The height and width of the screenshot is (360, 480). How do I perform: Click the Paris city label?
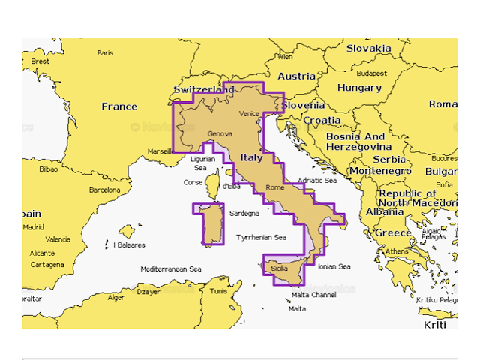tap(105, 53)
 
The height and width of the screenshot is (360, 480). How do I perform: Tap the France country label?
tap(119, 106)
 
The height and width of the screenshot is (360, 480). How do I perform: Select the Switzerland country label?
tap(204, 89)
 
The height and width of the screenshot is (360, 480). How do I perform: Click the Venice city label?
tap(248, 113)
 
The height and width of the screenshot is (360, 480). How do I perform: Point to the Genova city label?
tap(219, 134)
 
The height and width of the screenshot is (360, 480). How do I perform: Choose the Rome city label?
tap(275, 187)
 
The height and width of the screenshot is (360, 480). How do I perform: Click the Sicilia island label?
tap(279, 268)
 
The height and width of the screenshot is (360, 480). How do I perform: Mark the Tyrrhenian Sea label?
tap(261, 238)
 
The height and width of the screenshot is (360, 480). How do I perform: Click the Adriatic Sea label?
tap(317, 181)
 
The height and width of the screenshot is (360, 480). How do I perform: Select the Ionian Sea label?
tap(334, 266)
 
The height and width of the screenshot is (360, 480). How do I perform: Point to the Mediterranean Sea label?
tap(171, 268)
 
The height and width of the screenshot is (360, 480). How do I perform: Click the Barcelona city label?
tap(104, 190)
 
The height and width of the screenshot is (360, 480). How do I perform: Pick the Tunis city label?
tap(218, 291)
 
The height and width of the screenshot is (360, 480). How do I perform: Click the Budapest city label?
tap(371, 73)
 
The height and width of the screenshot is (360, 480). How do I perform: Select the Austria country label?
tap(296, 76)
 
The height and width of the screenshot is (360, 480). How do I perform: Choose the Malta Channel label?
tap(313, 295)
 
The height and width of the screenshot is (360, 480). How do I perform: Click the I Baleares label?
tap(130, 245)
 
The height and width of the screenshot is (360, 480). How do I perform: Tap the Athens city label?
tap(397, 251)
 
